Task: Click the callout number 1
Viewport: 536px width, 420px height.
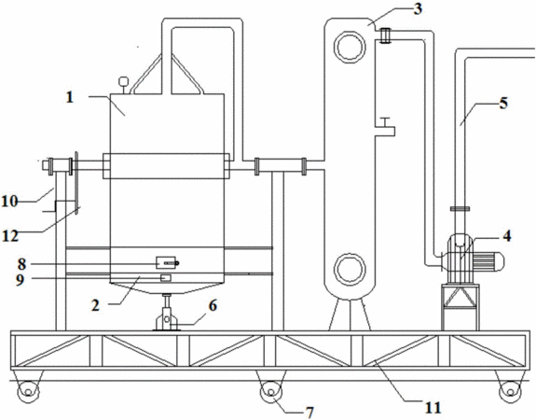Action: (x=70, y=98)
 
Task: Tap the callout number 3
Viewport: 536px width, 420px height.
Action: (x=418, y=9)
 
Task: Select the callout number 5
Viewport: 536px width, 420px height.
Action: (x=503, y=103)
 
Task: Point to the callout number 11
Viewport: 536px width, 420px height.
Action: (x=433, y=408)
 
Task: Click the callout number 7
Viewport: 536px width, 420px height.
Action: (x=309, y=413)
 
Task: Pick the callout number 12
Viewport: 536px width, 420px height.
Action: (x=10, y=236)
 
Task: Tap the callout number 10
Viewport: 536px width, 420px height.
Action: (x=9, y=202)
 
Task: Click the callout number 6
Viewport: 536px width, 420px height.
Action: (x=213, y=306)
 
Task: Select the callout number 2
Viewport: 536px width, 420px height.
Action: (x=95, y=305)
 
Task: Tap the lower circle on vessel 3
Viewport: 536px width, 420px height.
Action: (x=350, y=269)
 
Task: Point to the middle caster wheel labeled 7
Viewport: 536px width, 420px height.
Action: (x=270, y=392)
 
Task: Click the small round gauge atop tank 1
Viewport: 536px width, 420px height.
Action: (x=123, y=81)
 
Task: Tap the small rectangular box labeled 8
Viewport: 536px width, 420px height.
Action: (x=166, y=263)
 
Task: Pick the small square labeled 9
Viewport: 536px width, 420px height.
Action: (x=166, y=278)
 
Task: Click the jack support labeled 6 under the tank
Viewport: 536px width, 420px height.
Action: (x=167, y=313)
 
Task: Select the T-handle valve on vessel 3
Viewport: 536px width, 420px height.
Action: (x=385, y=127)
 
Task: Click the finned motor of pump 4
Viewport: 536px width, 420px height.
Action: (x=487, y=262)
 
